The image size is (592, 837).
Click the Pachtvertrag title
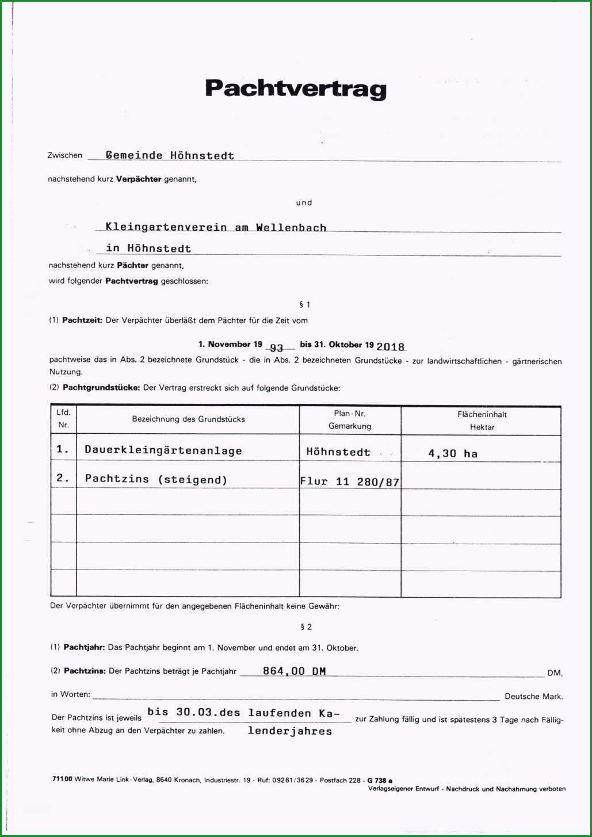point(296,89)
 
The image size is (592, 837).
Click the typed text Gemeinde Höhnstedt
point(170,155)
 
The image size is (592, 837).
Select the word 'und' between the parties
point(304,202)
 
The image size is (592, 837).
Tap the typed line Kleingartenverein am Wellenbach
point(216,227)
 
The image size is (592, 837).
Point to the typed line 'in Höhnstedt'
point(148,249)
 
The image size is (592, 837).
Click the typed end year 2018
point(391,346)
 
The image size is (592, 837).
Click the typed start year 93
point(277,347)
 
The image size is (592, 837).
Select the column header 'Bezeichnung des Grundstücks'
point(188,419)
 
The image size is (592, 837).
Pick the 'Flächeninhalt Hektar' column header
point(482,421)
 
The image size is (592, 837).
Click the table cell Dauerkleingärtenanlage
point(163,450)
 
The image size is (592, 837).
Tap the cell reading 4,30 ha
point(453,453)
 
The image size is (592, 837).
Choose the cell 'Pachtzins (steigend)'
point(156,479)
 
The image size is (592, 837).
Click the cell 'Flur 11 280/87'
point(350,481)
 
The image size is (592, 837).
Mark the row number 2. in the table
point(63,478)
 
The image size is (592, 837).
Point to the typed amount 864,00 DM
point(295,671)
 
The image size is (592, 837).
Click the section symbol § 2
point(306,627)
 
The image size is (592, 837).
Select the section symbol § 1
point(305,304)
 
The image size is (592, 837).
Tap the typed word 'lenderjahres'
point(290,731)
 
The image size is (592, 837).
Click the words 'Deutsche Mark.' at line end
point(533,697)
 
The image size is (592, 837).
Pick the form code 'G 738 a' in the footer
point(380,781)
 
